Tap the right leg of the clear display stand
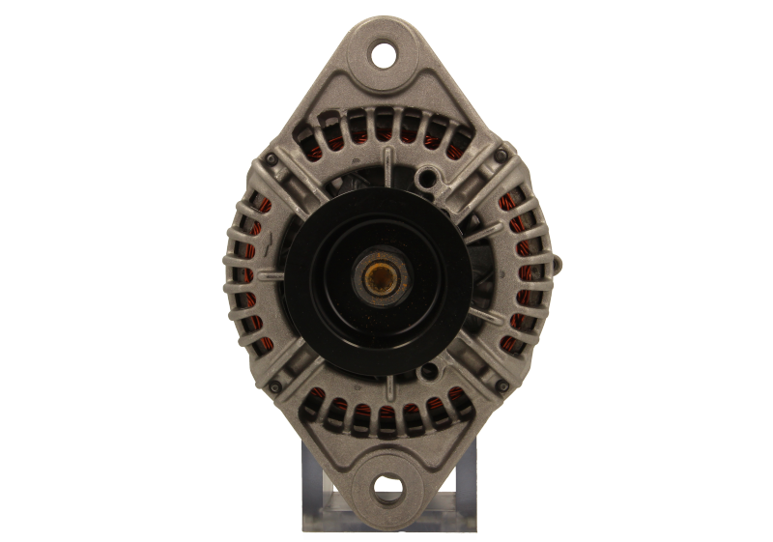pos(462,483)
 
